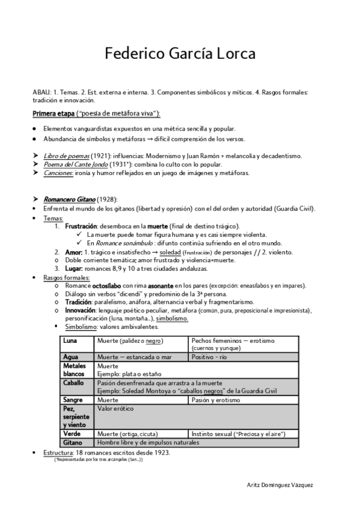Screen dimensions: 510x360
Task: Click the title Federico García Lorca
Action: tap(180, 54)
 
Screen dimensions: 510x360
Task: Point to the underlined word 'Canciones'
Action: tap(58, 173)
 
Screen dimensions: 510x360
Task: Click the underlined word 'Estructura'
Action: tap(57, 452)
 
